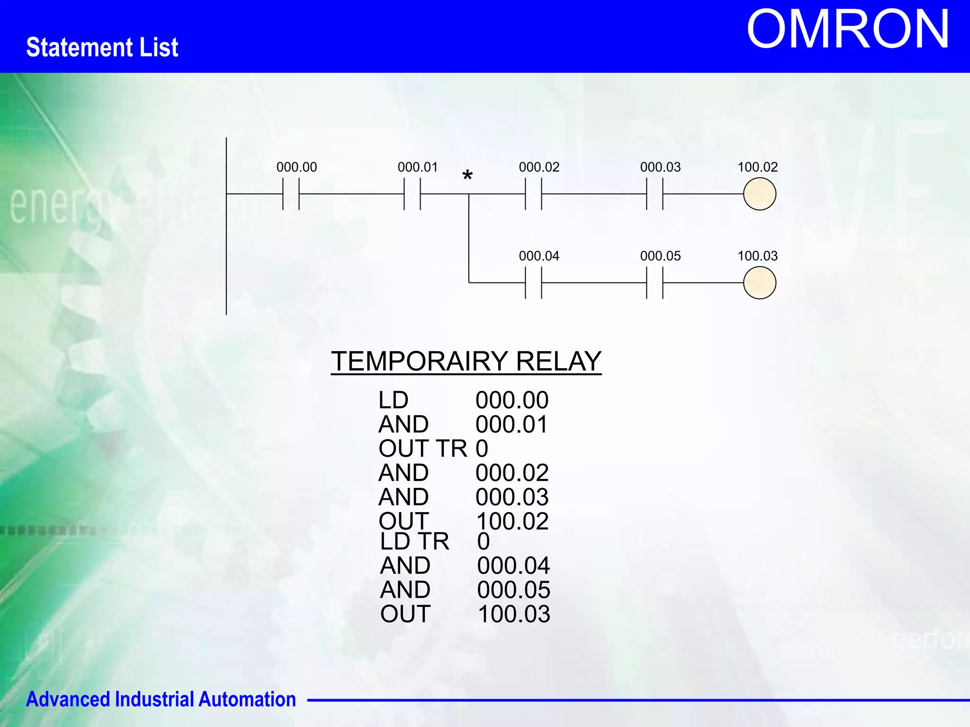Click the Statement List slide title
[102, 47]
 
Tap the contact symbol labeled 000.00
[291, 194]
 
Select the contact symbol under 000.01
[412, 194]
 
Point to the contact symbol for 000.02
[533, 194]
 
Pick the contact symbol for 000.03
[655, 194]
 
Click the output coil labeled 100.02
[759, 194]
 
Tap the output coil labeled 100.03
[759, 283]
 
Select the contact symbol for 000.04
[533, 283]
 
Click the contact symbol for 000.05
[655, 283]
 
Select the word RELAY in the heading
[558, 361]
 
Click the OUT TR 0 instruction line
[433, 448]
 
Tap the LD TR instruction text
[414, 541]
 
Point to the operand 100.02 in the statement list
[512, 521]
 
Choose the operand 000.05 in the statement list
[513, 590]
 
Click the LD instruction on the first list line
[393, 400]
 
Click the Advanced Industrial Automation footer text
[161, 699]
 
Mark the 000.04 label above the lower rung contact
[539, 256]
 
